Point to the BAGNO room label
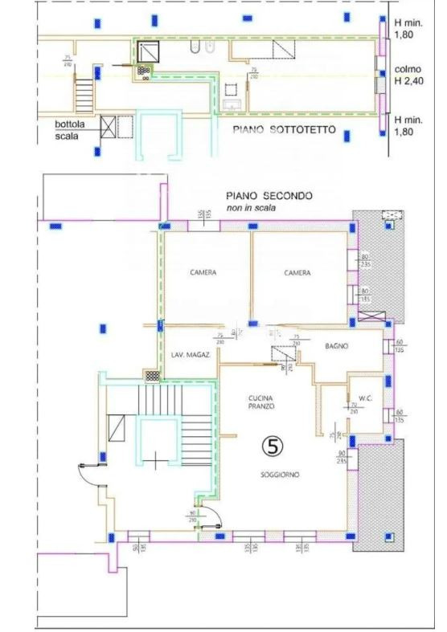click(x=336, y=346)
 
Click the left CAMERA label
click(x=203, y=272)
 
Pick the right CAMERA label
click(x=297, y=272)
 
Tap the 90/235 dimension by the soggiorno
click(x=342, y=458)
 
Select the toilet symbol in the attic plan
click(x=195, y=52)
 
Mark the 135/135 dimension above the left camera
click(x=200, y=217)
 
